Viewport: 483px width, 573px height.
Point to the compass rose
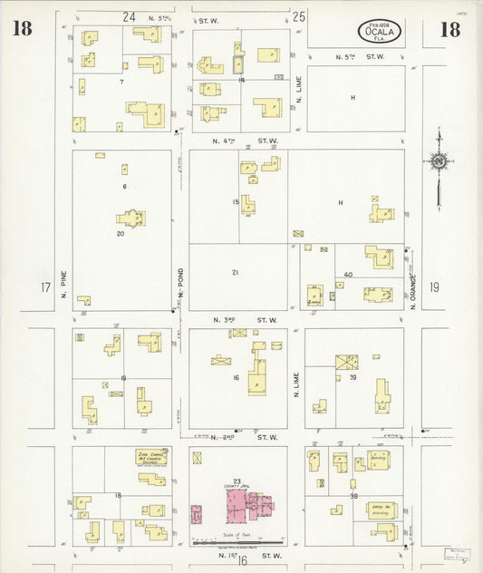(439, 161)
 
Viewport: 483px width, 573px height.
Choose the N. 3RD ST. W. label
(245, 319)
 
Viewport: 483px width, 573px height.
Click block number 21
(236, 272)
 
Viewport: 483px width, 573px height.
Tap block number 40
(347, 275)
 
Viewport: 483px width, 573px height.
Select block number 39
(353, 376)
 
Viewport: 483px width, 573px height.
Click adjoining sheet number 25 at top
(300, 16)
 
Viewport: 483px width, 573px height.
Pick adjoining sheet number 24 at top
(129, 16)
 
